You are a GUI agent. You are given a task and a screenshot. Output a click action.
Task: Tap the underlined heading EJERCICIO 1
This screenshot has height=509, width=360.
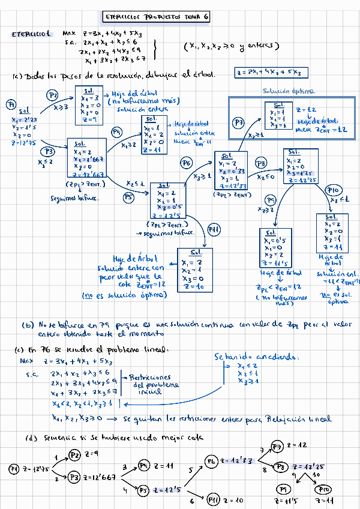[31, 34]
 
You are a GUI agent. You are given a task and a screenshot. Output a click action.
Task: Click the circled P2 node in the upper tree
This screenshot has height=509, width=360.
[53, 95]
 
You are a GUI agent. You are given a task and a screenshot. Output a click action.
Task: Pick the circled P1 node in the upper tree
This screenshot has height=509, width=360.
[11, 105]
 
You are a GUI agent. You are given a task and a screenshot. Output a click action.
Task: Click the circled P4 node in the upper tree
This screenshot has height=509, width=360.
[117, 132]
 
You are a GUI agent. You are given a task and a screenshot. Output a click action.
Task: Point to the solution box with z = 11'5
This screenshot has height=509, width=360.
[275, 247]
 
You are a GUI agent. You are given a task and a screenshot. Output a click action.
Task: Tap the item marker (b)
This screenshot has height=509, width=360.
[28, 325]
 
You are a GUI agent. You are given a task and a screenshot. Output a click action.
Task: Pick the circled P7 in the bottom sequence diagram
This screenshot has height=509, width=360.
[277, 446]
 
